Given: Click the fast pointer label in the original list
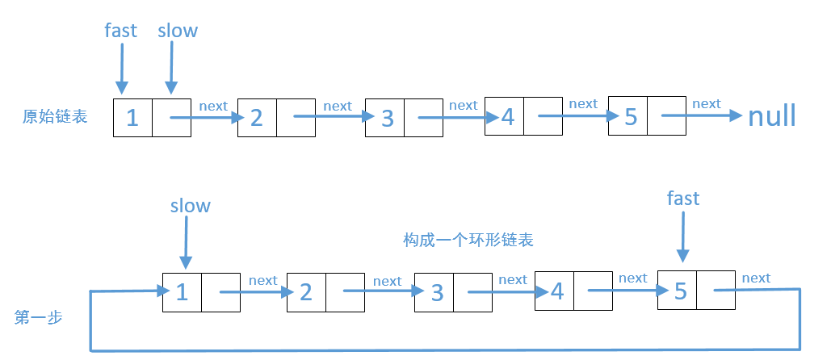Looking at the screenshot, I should (121, 31).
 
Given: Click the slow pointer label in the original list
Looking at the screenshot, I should (178, 31).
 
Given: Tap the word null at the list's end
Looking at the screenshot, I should (772, 116).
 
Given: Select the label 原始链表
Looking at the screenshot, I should (55, 116).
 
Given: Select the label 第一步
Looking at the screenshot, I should (39, 318).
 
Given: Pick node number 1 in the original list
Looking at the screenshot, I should (133, 118).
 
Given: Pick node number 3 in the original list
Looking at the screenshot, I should (387, 118).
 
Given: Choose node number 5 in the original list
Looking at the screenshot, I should (631, 117).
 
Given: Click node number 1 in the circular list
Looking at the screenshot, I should (183, 291).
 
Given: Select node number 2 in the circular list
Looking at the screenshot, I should (306, 291).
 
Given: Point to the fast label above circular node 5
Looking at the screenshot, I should (683, 198).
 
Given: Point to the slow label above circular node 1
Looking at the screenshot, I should (191, 206).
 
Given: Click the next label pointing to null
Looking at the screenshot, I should (707, 103).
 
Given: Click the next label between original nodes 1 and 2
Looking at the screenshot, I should (213, 106).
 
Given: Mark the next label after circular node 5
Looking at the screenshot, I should (756, 278).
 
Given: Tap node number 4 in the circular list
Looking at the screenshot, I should (557, 291).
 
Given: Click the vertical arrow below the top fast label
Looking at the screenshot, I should (122, 69).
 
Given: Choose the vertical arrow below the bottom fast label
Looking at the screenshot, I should (683, 236).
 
